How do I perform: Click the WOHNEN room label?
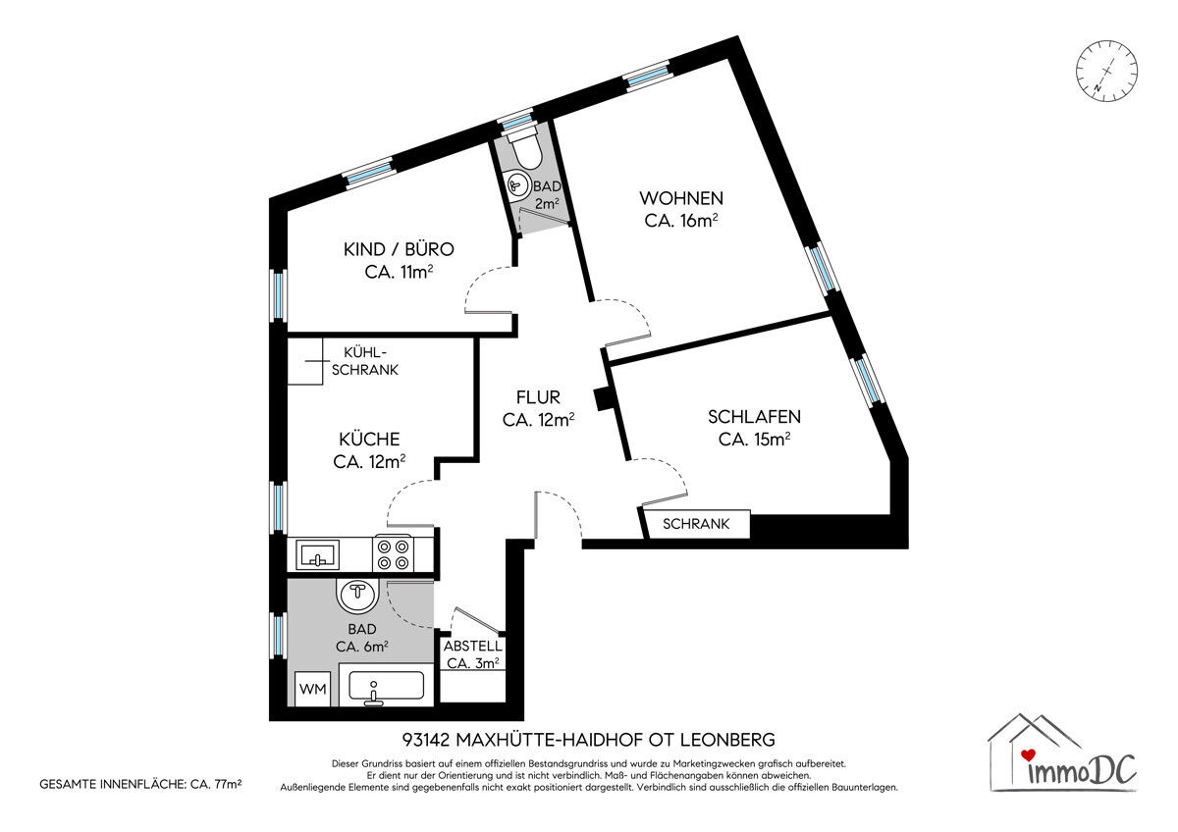coord(681,198)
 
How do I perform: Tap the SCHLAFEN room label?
coord(754,417)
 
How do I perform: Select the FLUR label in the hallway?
coord(538,396)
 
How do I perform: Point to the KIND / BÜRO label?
coord(399,249)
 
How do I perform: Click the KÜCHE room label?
coord(369,439)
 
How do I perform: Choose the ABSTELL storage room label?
coord(473,646)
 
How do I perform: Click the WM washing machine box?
coord(312,689)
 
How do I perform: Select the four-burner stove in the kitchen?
coord(393,553)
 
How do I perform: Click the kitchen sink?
coord(317,555)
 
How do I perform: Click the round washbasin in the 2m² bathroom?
coord(518,184)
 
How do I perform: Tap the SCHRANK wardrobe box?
coord(696,524)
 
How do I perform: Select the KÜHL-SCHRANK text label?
coord(365,361)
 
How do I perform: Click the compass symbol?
coord(1106,71)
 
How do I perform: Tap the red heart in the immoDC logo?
coord(1028,754)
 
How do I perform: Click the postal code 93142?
coord(426,740)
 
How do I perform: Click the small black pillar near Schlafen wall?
coord(602,399)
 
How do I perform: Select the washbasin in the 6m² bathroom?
coord(357,596)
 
